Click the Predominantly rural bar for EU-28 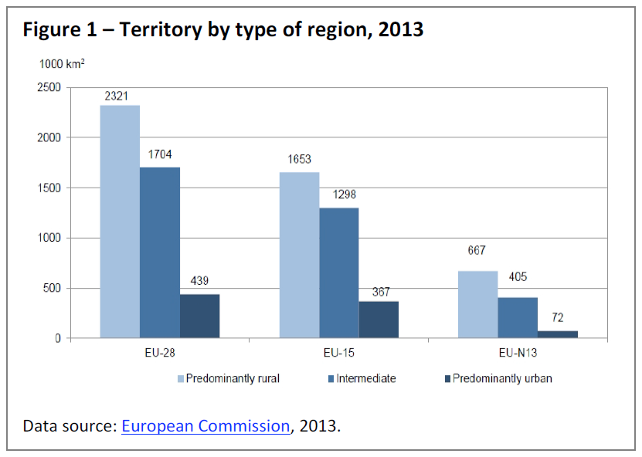point(120,222)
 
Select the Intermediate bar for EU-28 point(160,253)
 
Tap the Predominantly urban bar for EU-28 point(199,317)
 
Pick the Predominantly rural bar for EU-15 point(299,256)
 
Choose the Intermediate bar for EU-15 point(338,273)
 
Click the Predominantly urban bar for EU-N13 point(558,334)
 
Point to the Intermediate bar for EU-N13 point(518,318)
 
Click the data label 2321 point(119,96)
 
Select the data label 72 point(558,317)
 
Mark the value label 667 point(477,250)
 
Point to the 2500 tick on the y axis point(48,87)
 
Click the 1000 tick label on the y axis point(48,239)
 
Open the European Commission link point(206,426)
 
